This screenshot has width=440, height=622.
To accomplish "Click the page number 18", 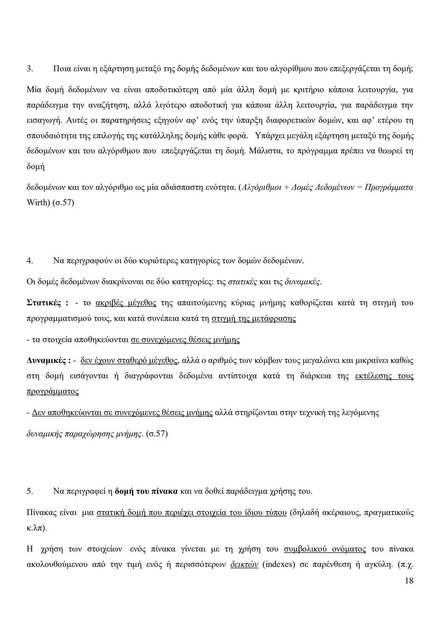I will (409, 580).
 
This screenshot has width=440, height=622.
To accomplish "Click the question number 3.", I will (29, 69).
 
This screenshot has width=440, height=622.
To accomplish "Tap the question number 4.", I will (29, 260).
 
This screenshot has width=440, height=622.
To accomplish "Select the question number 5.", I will (29, 491).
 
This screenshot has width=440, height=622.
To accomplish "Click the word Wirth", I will (37, 202).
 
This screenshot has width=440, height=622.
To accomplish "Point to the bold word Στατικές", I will (44, 303).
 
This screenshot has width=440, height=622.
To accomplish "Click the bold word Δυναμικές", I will (46, 360).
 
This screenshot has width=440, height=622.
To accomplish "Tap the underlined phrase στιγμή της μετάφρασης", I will (254, 318).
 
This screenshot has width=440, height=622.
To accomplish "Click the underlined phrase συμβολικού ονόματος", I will (325, 549).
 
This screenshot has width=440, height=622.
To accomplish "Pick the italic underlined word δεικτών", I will (244, 565).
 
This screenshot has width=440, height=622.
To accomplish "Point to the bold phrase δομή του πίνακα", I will (146, 491).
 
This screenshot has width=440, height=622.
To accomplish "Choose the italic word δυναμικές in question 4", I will (303, 281).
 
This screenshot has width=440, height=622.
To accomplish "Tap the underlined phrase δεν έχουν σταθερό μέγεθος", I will (129, 360).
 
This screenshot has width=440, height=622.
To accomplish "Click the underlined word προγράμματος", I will (53, 391).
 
